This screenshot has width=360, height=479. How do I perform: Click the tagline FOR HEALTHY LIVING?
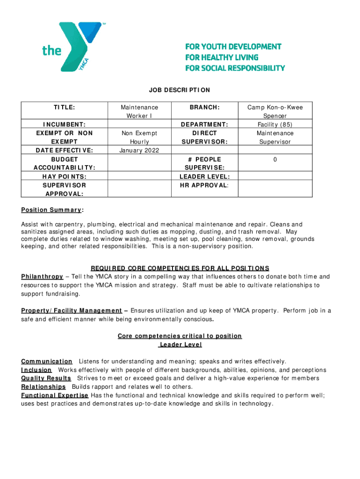point(222,57)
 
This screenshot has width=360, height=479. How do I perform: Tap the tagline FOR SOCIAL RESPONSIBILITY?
point(235,68)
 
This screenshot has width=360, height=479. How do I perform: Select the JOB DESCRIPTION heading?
point(180,90)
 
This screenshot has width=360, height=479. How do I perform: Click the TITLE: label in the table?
point(64,107)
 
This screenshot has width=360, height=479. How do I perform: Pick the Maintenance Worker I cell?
point(139,111)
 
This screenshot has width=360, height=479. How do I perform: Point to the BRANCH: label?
point(204,107)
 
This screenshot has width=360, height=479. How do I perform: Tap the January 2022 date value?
point(139,150)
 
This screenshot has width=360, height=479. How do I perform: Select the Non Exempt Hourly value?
point(139,137)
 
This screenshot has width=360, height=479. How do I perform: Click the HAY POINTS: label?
point(64,176)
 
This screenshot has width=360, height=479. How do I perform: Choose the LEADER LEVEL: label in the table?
point(204,176)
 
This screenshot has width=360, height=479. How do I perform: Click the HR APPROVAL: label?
point(204,185)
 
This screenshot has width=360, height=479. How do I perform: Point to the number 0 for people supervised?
point(275,160)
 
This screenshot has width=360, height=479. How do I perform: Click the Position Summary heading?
point(51,209)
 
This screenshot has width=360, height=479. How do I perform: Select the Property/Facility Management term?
point(72,311)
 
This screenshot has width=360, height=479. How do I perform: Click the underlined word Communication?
point(47,361)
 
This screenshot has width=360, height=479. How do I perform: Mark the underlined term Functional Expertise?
point(55,395)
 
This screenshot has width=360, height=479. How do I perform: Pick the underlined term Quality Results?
point(46,378)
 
